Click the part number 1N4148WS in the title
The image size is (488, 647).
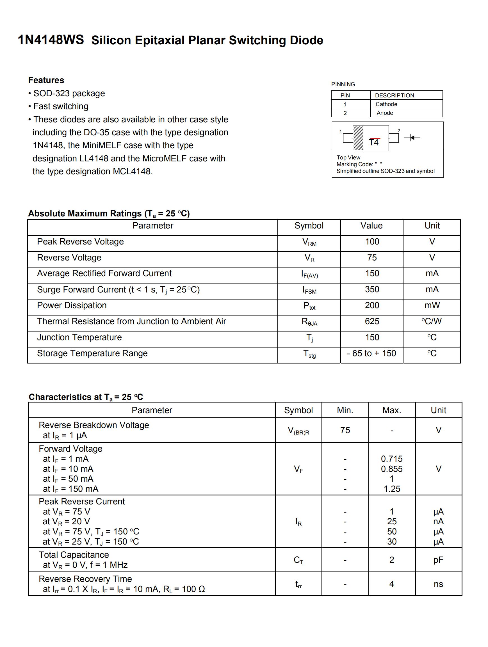pos(51,40)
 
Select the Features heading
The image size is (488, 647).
pos(46,80)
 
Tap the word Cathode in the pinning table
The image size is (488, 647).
pos(386,104)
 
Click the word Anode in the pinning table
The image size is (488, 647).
pos(385,113)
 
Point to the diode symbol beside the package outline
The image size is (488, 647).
pos(412,138)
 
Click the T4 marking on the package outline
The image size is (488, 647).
pos(374,142)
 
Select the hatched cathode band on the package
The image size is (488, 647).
pos(358,138)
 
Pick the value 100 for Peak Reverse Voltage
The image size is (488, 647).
pos(372,242)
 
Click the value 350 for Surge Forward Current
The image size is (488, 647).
pos(372,289)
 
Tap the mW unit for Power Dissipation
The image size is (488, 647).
pos(432,305)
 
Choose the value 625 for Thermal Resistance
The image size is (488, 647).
pos(372,321)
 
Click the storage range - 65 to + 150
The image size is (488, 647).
pos(371,353)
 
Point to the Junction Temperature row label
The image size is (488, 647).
pos(79,337)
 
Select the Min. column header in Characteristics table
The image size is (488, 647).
pos(345,410)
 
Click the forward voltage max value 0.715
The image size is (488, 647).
pos(391,459)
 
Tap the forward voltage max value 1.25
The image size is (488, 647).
pos(391,489)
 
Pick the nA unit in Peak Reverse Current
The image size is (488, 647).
pos(438,521)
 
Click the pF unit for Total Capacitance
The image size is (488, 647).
pos(438,560)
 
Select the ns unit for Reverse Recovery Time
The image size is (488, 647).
pos(438,584)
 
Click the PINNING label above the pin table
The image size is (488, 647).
pos(343,84)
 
